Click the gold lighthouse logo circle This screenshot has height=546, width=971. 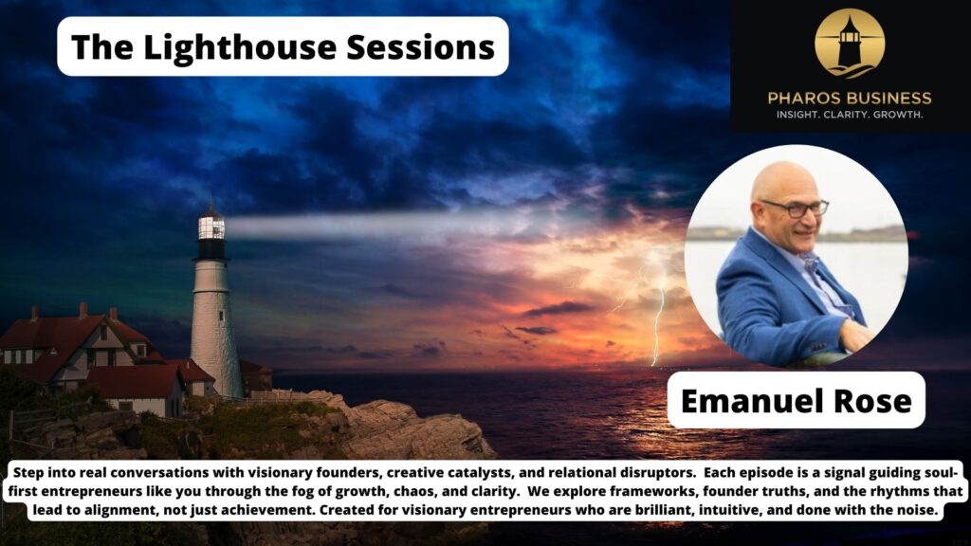tap(850, 44)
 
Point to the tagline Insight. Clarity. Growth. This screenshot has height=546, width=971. tap(850, 115)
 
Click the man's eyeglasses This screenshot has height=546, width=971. tap(795, 208)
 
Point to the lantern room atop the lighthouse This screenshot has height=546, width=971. tap(211, 227)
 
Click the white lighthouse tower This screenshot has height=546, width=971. tap(214, 313)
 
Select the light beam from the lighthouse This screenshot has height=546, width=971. tap(379, 225)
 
